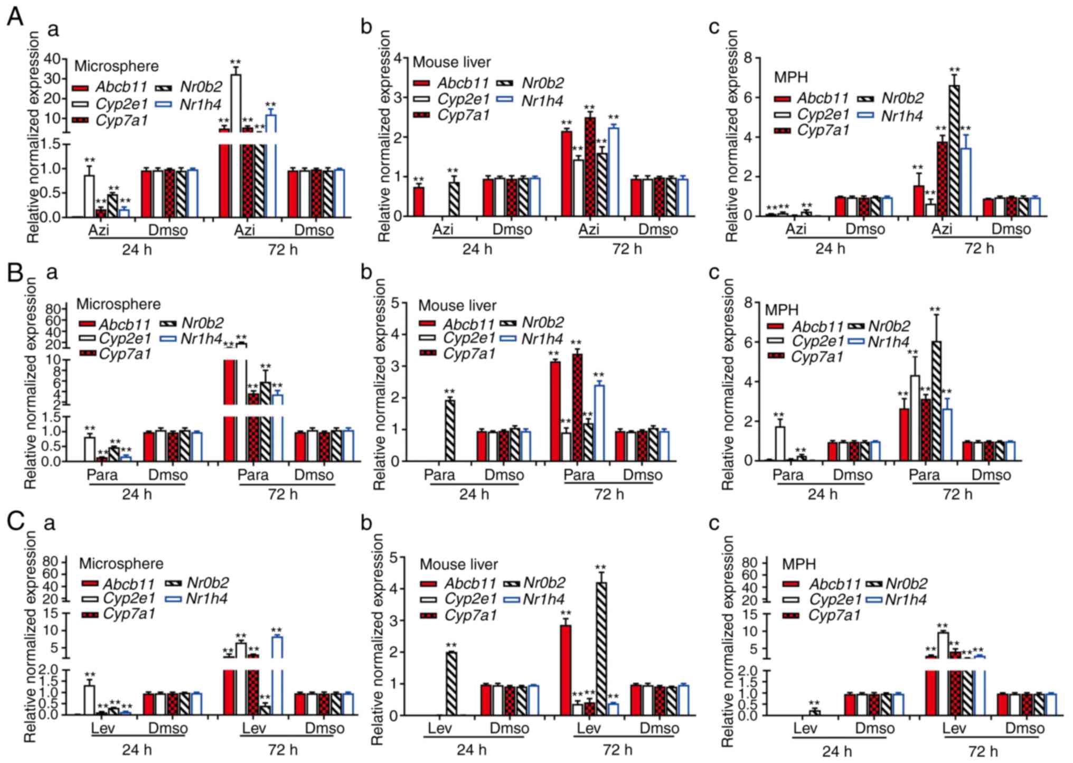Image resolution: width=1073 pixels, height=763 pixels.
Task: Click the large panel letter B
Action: coord(14,272)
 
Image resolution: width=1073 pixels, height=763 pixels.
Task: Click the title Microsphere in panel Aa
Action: coord(116,66)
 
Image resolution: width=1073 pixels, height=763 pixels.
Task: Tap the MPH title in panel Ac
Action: coord(791,77)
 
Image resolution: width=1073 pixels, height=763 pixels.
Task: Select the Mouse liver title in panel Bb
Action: coord(457,305)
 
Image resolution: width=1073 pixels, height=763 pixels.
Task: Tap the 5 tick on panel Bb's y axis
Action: coord(394,303)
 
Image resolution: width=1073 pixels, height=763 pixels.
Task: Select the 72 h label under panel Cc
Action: coord(983,750)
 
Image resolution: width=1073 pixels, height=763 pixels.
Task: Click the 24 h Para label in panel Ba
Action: coord(102,475)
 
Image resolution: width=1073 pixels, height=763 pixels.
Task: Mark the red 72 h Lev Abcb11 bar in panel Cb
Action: coord(566,670)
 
